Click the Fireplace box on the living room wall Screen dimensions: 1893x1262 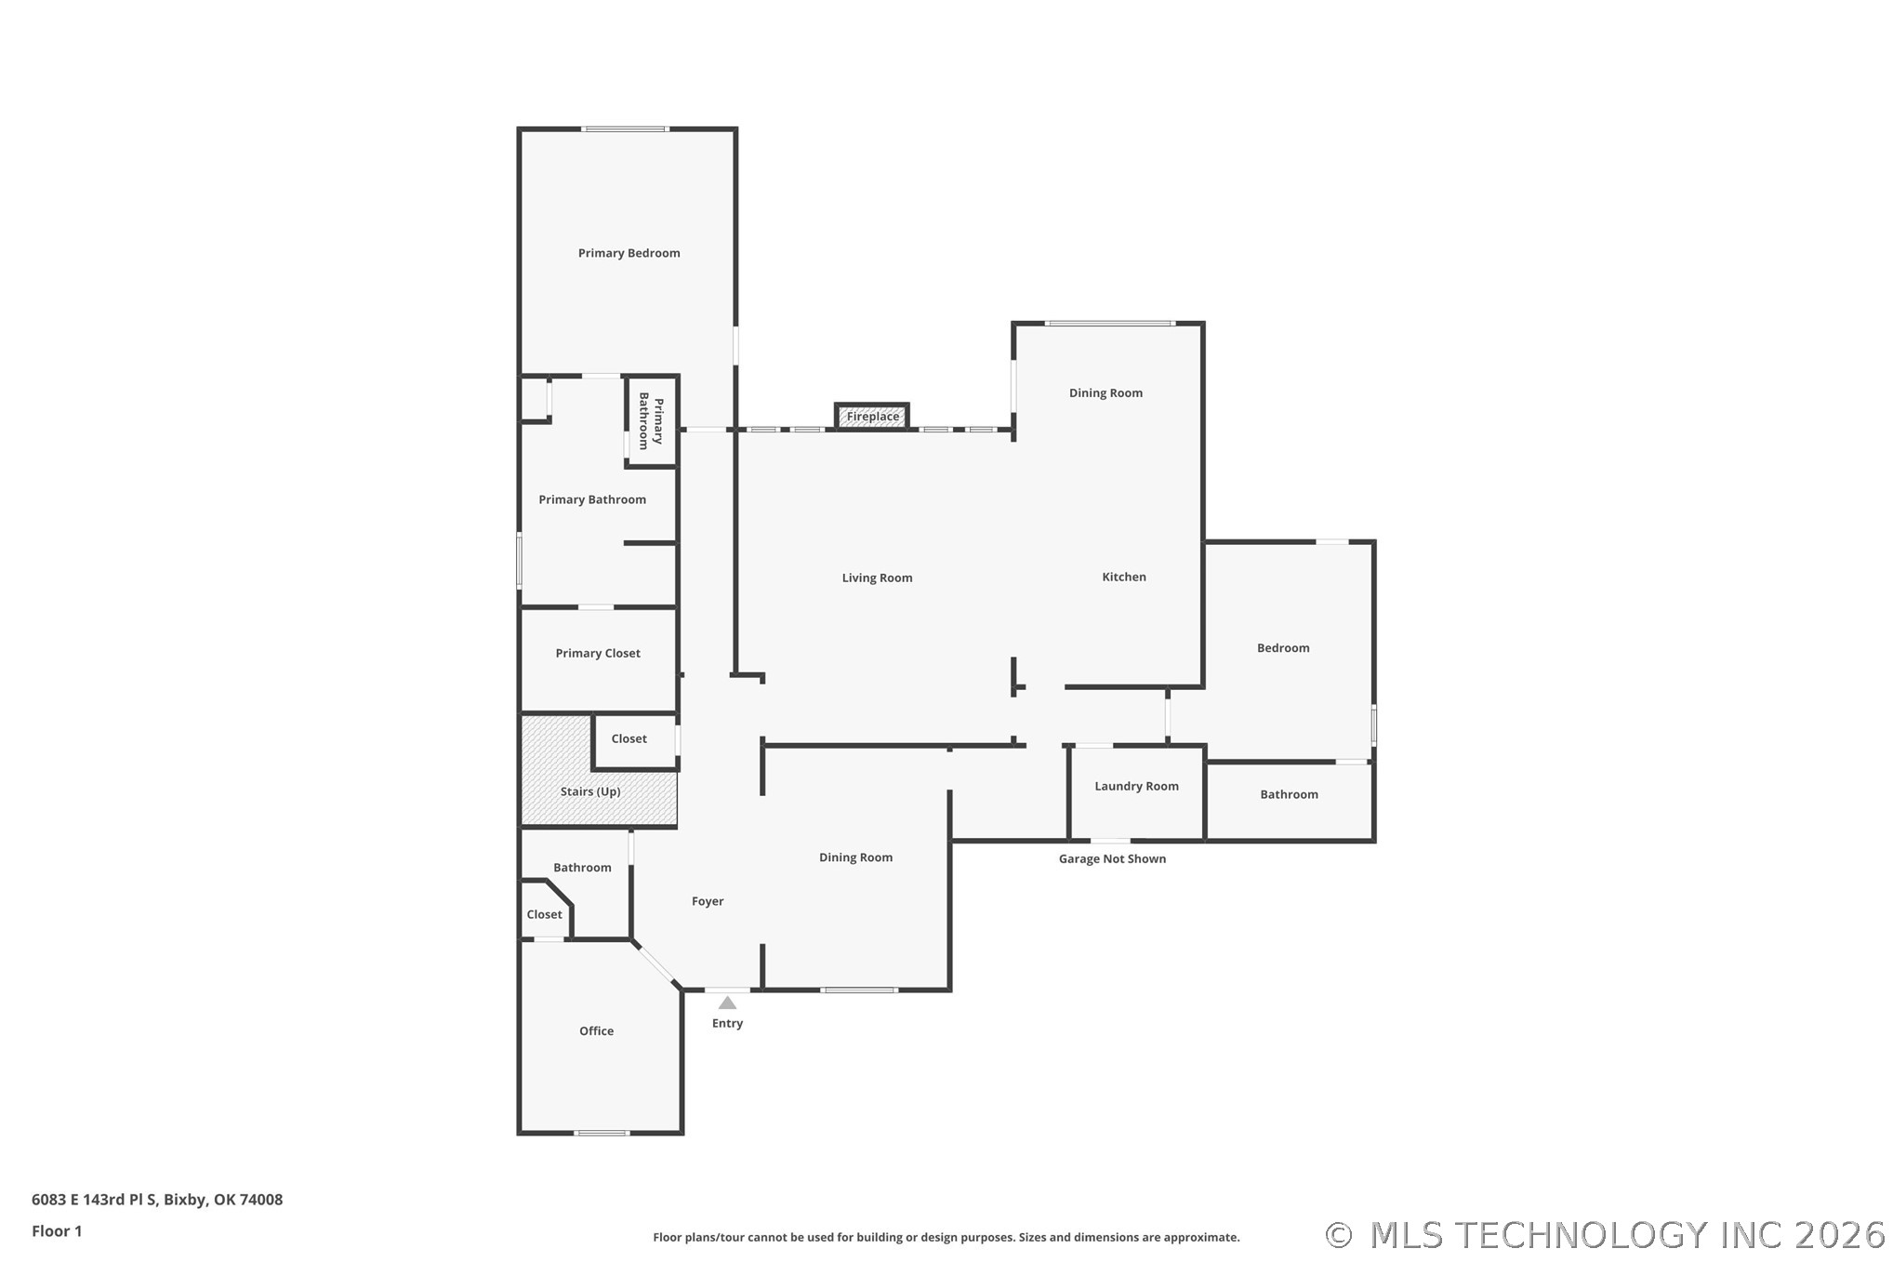pos(871,416)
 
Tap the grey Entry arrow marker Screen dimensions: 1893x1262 pos(727,1003)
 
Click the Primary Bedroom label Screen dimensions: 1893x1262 pos(629,253)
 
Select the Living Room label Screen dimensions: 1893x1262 pos(877,578)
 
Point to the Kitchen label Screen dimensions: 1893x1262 pos(1123,577)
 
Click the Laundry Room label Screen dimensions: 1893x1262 pos(1136,786)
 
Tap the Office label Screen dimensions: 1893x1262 pos(596,1030)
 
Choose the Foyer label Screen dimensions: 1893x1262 pos(707,901)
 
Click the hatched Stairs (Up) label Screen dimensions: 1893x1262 pos(590,791)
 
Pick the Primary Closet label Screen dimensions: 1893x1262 pos(598,653)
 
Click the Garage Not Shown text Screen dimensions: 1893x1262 pos(1112,858)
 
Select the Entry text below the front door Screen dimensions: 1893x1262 pos(727,1023)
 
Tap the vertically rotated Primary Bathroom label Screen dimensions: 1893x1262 pos(651,421)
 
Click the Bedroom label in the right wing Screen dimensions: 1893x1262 pos(1283,648)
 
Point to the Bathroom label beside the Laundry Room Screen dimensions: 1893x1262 pos(1289,794)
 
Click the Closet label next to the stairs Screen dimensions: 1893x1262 pos(629,738)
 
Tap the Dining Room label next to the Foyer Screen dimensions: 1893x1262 pos(855,857)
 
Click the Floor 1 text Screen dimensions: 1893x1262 pos(57,1231)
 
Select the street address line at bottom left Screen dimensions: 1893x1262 pos(157,1200)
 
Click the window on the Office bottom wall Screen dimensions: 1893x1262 pos(602,1133)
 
